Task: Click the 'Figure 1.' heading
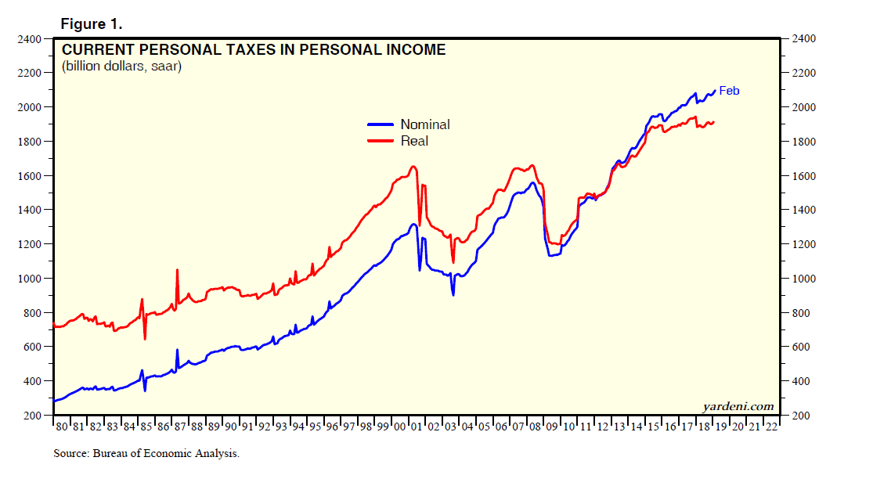[x=91, y=24]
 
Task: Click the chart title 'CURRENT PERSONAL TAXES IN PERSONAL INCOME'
[x=254, y=50]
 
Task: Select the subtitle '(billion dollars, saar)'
[x=121, y=67]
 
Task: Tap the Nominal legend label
[x=424, y=124]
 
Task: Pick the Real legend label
[x=414, y=141]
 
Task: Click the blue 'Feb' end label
[x=729, y=91]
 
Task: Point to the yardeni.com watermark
[x=738, y=405]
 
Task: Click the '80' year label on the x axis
[x=61, y=427]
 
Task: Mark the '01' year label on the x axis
[x=416, y=427]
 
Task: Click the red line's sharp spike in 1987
[x=177, y=270]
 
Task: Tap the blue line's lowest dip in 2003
[x=453, y=293]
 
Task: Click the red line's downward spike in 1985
[x=145, y=338]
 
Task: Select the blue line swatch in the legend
[x=381, y=124]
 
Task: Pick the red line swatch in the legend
[x=381, y=141]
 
